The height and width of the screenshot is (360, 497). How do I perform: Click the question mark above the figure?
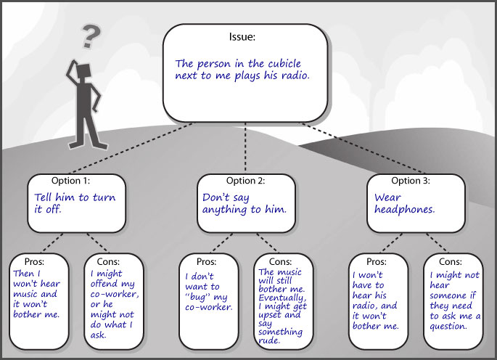click(x=91, y=34)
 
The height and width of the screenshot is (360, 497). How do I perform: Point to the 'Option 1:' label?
click(x=71, y=181)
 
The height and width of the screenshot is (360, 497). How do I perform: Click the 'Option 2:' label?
click(x=246, y=181)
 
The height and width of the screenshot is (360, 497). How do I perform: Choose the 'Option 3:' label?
click(x=411, y=181)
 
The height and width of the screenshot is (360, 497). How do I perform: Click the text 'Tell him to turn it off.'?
click(x=75, y=203)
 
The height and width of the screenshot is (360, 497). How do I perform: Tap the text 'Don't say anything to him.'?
click(x=245, y=203)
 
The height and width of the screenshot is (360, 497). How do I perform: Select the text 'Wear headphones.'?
click(x=404, y=203)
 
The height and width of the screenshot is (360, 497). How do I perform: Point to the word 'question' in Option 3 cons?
click(x=451, y=326)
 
